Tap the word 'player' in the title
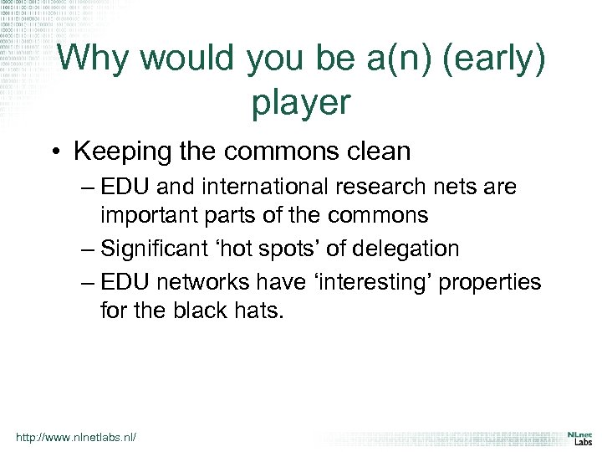(x=300, y=102)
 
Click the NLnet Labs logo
(x=579, y=438)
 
